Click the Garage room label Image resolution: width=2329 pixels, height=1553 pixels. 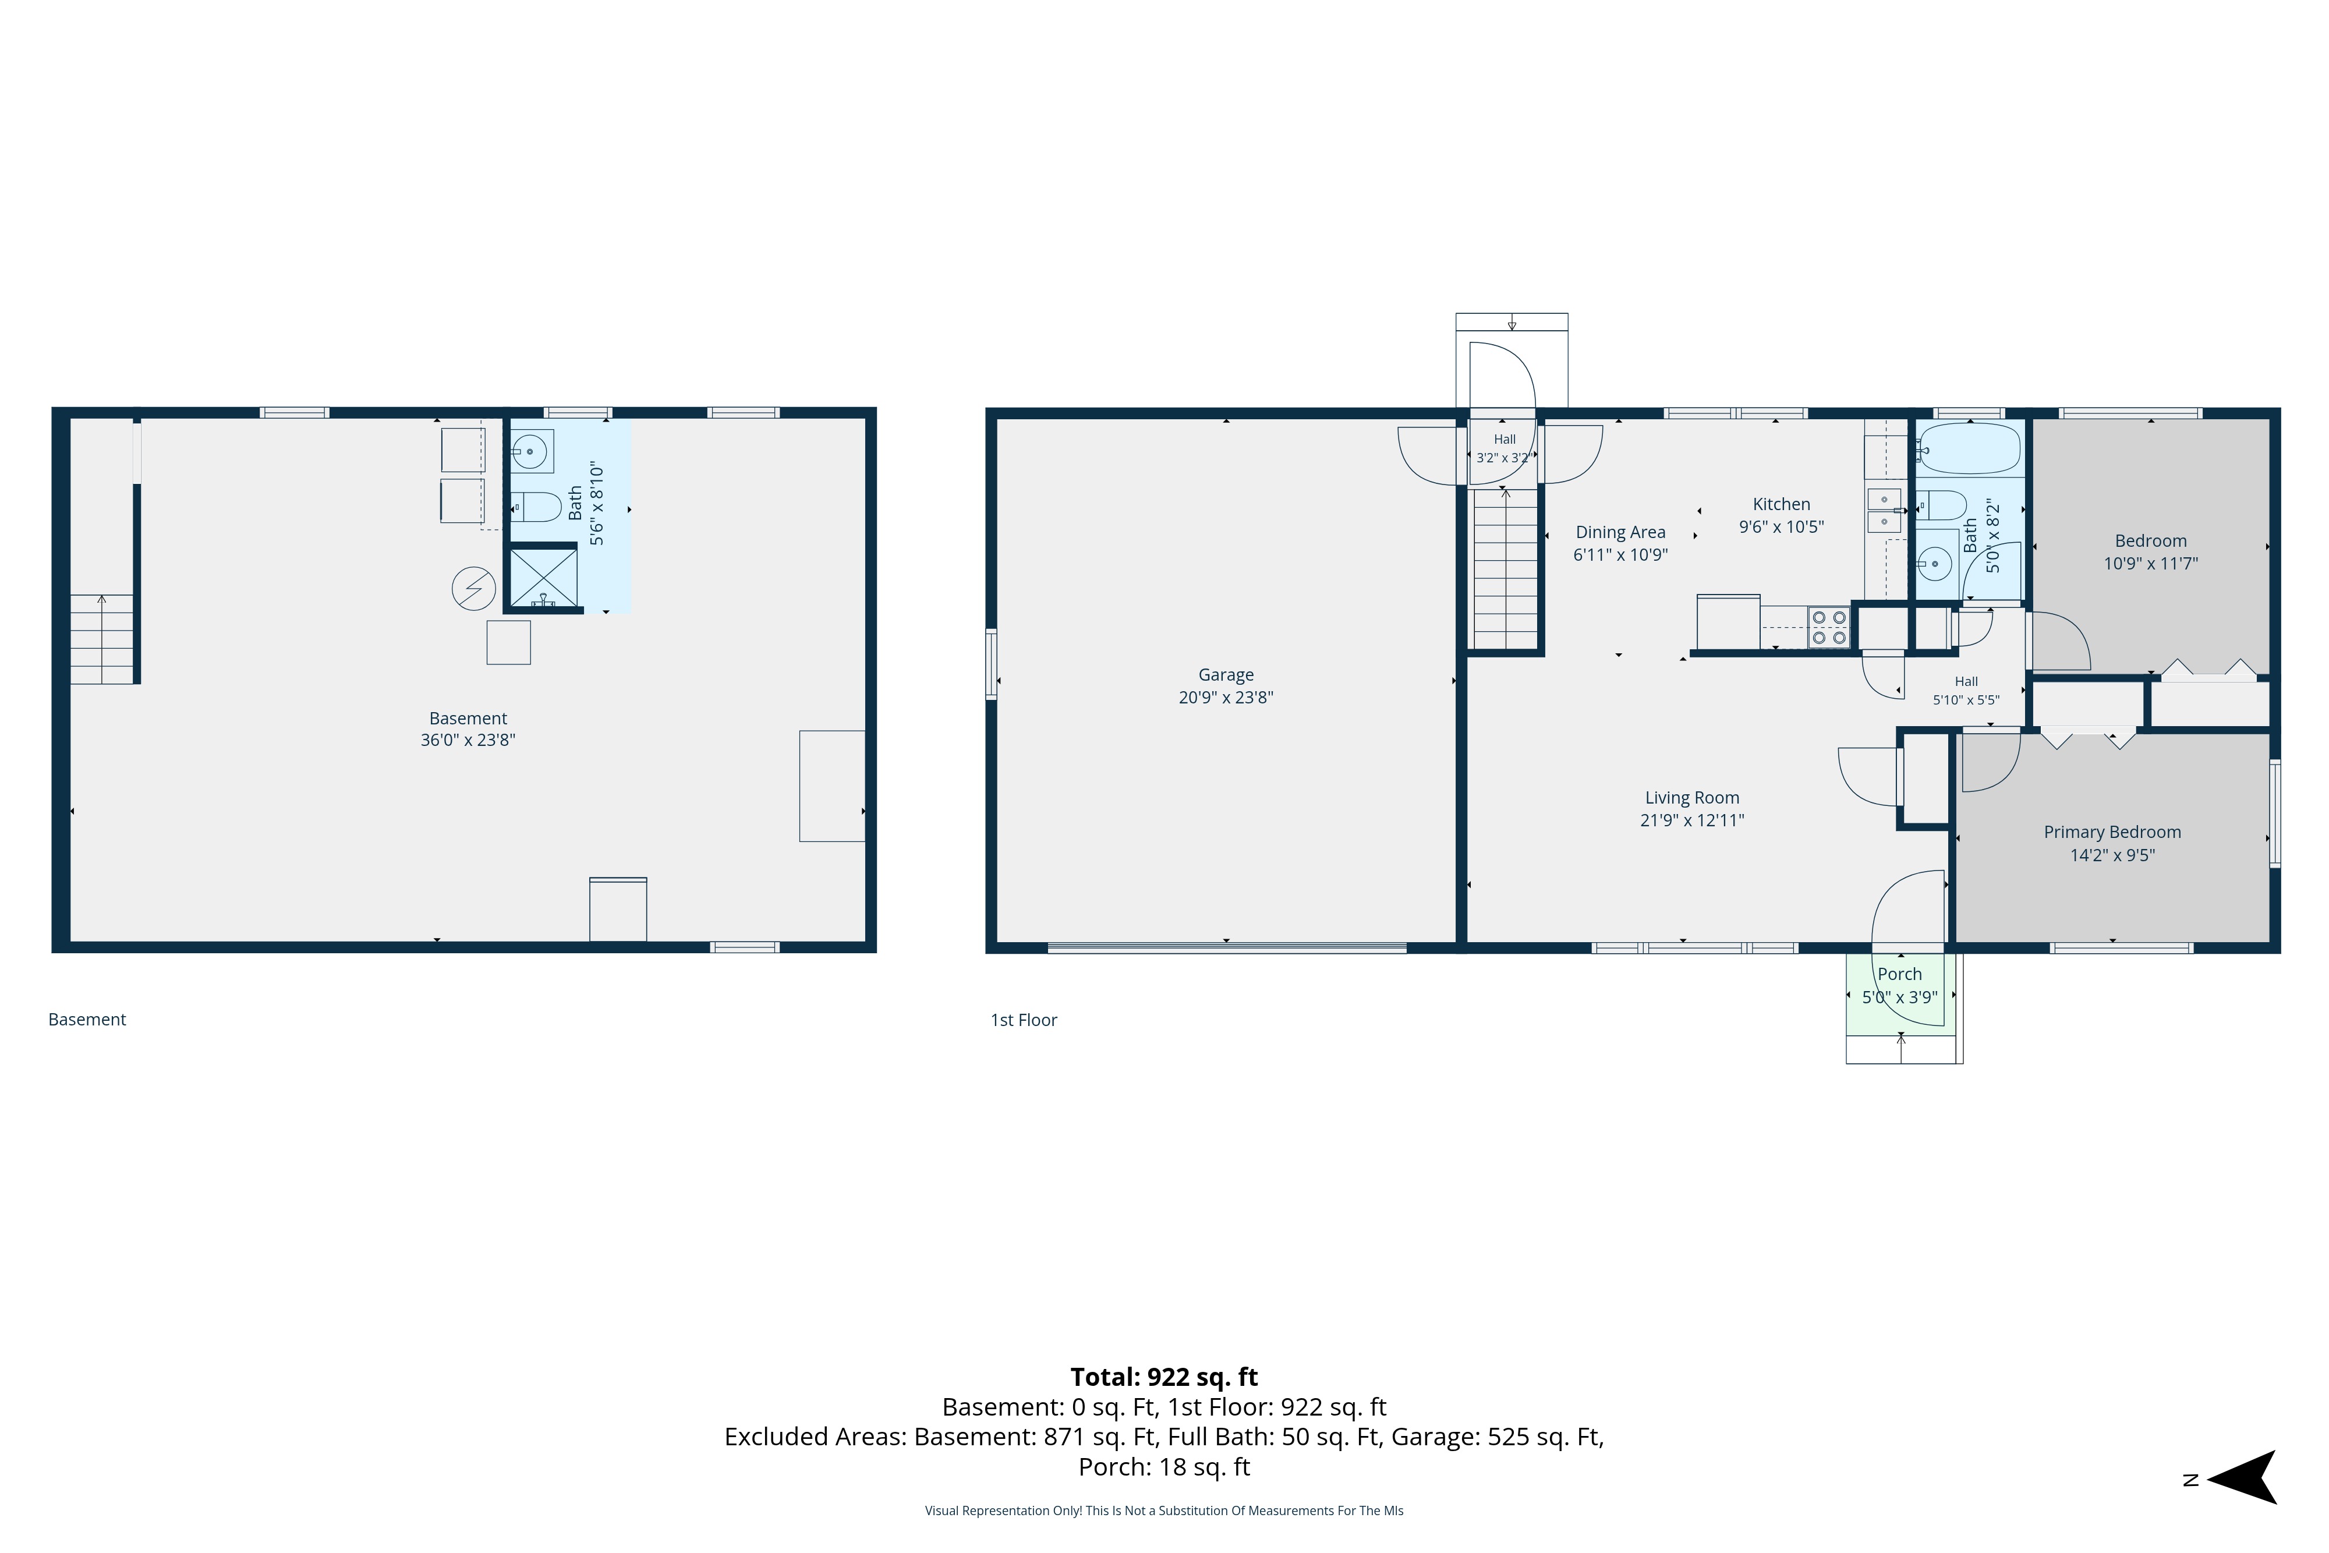(1225, 674)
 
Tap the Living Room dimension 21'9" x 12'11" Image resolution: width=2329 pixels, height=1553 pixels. (1691, 820)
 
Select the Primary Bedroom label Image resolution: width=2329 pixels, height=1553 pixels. (2112, 832)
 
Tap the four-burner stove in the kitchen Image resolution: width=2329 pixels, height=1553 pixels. (1828, 627)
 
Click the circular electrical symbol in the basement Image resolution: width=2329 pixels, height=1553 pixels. (473, 588)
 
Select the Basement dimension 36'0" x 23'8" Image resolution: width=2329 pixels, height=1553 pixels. (468, 740)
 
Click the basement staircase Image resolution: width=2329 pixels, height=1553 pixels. (102, 639)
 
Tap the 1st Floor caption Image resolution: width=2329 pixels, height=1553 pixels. (1024, 1020)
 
